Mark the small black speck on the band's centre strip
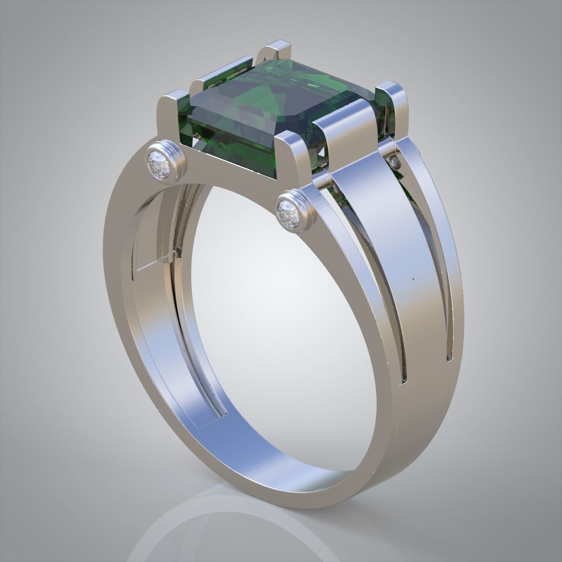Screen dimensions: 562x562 414,278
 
